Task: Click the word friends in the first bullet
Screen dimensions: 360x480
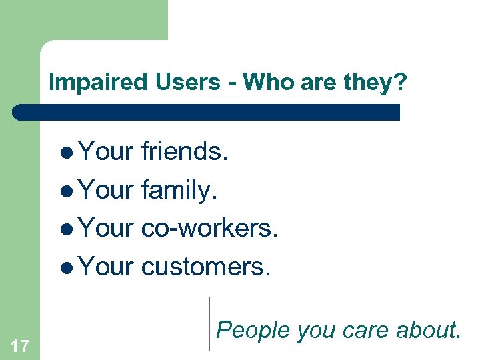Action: coord(185,153)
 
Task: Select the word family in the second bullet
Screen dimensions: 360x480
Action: coord(178,191)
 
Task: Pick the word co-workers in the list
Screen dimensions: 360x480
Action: coord(209,229)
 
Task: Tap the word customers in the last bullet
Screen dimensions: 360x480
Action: coord(206,267)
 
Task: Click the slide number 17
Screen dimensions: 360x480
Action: coord(20,345)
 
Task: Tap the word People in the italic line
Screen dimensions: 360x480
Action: coord(253,329)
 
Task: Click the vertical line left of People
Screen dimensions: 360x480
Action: coord(209,324)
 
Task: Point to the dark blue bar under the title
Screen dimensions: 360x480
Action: coord(207,112)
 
